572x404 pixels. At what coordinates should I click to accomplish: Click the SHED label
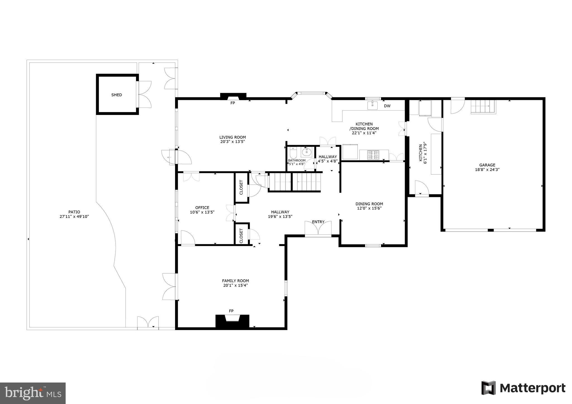pyautogui.click(x=116, y=95)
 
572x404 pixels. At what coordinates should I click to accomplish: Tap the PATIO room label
pyautogui.click(x=74, y=212)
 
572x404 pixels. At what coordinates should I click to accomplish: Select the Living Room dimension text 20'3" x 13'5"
pyautogui.click(x=232, y=142)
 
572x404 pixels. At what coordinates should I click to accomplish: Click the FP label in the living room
pyautogui.click(x=233, y=103)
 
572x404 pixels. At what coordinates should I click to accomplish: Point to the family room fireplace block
pyautogui.click(x=232, y=321)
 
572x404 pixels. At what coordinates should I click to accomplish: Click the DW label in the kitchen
pyautogui.click(x=387, y=106)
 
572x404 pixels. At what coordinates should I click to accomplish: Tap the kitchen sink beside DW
pyautogui.click(x=372, y=105)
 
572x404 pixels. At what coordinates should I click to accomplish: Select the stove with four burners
pyautogui.click(x=373, y=155)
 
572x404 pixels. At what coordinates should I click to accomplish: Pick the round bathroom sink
pyautogui.click(x=307, y=152)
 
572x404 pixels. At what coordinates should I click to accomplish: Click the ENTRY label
pyautogui.click(x=318, y=222)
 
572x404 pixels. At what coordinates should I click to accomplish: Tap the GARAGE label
pyautogui.click(x=487, y=165)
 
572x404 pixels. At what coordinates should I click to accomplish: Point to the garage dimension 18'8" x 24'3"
pyautogui.click(x=487, y=169)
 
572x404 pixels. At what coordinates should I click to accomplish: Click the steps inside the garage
pyautogui.click(x=483, y=107)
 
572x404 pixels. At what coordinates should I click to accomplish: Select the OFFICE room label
pyautogui.click(x=202, y=208)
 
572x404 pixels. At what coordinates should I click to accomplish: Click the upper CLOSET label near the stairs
pyautogui.click(x=241, y=187)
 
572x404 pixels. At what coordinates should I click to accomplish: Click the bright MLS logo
pyautogui.click(x=33, y=393)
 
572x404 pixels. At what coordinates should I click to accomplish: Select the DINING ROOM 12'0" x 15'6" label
pyautogui.click(x=369, y=206)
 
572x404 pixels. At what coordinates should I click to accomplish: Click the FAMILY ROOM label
pyautogui.click(x=235, y=281)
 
